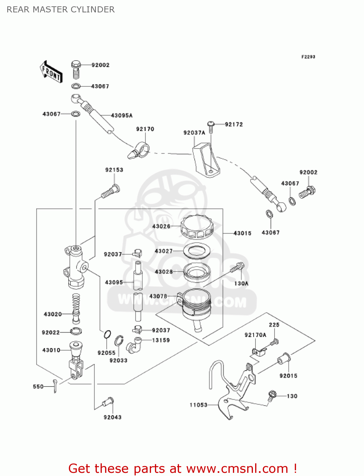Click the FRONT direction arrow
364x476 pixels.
pos(51,72)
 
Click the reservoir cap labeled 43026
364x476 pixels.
pos(197,226)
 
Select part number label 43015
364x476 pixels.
pos(242,233)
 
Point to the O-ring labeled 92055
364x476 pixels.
pos(107,334)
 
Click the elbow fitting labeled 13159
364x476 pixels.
pos(134,345)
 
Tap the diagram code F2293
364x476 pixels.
pos(308,57)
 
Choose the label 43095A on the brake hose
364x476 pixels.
pos(122,116)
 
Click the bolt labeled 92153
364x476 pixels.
pos(110,192)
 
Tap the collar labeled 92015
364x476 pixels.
pos(284,360)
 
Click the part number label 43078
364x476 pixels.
pos(158,296)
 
